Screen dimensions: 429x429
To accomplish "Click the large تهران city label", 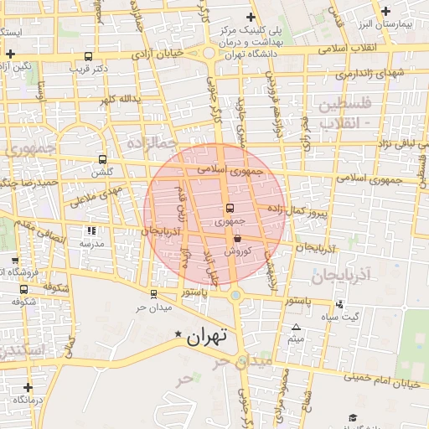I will (x=206, y=337).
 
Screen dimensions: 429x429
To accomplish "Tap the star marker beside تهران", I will (x=177, y=335).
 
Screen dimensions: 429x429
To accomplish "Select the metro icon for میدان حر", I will (x=152, y=293).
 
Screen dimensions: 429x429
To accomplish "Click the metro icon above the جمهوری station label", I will (x=230, y=208).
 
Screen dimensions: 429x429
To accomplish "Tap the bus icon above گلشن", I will (x=102, y=159).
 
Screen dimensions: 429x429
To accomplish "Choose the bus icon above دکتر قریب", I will (x=88, y=56).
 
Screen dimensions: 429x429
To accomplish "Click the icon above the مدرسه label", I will (x=91, y=230).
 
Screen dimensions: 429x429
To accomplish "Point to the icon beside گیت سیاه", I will (x=339, y=305).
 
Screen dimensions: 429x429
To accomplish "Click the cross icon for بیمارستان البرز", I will (x=385, y=11).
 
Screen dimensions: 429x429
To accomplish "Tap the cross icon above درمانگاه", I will (x=28, y=387).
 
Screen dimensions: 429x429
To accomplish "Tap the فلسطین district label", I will (x=338, y=104).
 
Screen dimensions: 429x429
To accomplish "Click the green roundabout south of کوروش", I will (x=235, y=294).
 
